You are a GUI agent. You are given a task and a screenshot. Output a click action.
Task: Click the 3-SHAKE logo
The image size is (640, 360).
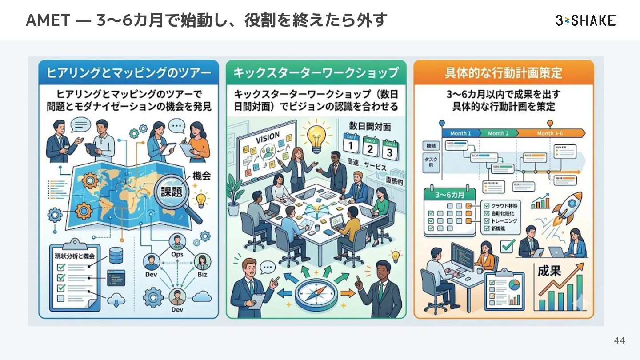point(585,20)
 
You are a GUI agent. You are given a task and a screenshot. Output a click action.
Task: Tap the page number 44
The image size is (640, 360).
point(619,340)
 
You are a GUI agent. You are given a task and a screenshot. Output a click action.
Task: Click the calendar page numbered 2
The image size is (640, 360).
point(369,147)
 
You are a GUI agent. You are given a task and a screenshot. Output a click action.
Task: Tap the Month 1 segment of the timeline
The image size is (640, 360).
point(460,133)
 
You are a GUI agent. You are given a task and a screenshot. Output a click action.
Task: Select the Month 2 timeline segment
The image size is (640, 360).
point(497,133)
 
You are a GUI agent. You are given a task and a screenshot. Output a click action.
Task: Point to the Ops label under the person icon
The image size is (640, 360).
point(177,255)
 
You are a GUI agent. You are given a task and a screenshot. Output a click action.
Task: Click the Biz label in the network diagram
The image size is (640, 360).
point(202,274)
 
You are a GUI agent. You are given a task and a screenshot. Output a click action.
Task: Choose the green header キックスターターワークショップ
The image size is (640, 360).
point(316,72)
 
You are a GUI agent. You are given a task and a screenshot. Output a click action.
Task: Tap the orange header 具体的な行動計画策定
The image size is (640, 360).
point(504,72)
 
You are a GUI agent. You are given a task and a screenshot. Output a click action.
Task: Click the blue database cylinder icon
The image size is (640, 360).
point(116,255)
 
